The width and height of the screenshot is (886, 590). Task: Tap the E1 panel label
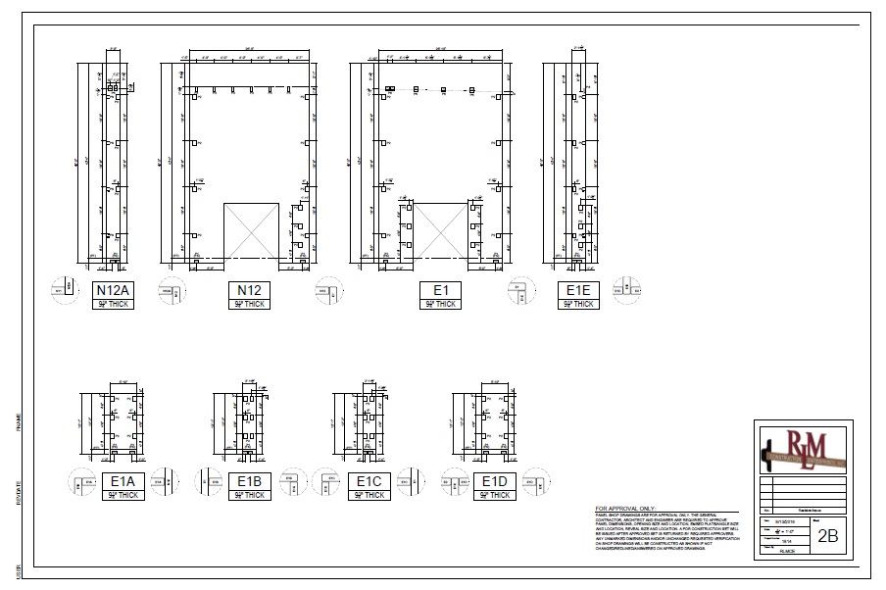coord(440,290)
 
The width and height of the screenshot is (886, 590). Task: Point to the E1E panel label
coord(579,290)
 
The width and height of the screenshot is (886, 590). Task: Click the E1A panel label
coord(123,481)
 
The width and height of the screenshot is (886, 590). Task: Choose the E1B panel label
coord(249,481)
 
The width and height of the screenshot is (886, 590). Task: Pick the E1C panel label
coord(369,481)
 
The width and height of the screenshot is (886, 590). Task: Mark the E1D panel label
coord(494,481)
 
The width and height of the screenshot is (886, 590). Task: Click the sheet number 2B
coord(828,536)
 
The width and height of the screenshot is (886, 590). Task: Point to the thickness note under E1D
coord(494,495)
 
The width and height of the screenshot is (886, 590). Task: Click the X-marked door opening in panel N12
coord(252,230)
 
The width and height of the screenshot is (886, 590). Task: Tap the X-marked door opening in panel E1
coord(439,230)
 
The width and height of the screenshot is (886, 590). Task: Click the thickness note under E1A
coord(123,495)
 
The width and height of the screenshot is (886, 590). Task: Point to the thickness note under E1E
coord(579,304)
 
